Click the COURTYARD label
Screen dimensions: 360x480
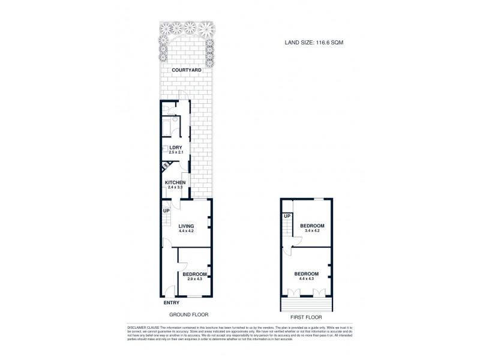[186, 70]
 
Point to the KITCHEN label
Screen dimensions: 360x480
[175, 182]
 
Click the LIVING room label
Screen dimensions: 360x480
[186, 226]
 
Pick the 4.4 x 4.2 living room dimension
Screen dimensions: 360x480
[186, 231]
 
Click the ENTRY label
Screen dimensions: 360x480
[171, 303]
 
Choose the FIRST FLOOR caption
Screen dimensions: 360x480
[305, 317]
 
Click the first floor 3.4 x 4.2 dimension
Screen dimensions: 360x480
[312, 230]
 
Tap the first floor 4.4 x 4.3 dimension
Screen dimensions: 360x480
[306, 279]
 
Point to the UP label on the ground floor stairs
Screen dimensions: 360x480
[166, 211]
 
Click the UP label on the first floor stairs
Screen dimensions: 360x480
[287, 216]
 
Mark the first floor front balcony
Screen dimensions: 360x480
[306, 304]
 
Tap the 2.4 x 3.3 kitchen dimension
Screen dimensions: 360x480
[175, 188]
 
